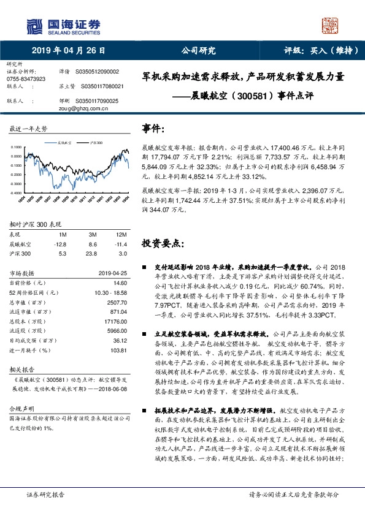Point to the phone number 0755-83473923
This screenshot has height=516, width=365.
[26, 79]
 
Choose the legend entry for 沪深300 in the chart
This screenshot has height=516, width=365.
[93, 142]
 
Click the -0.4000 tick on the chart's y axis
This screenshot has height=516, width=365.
[17, 192]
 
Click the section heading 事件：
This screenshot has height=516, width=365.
[153, 129]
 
